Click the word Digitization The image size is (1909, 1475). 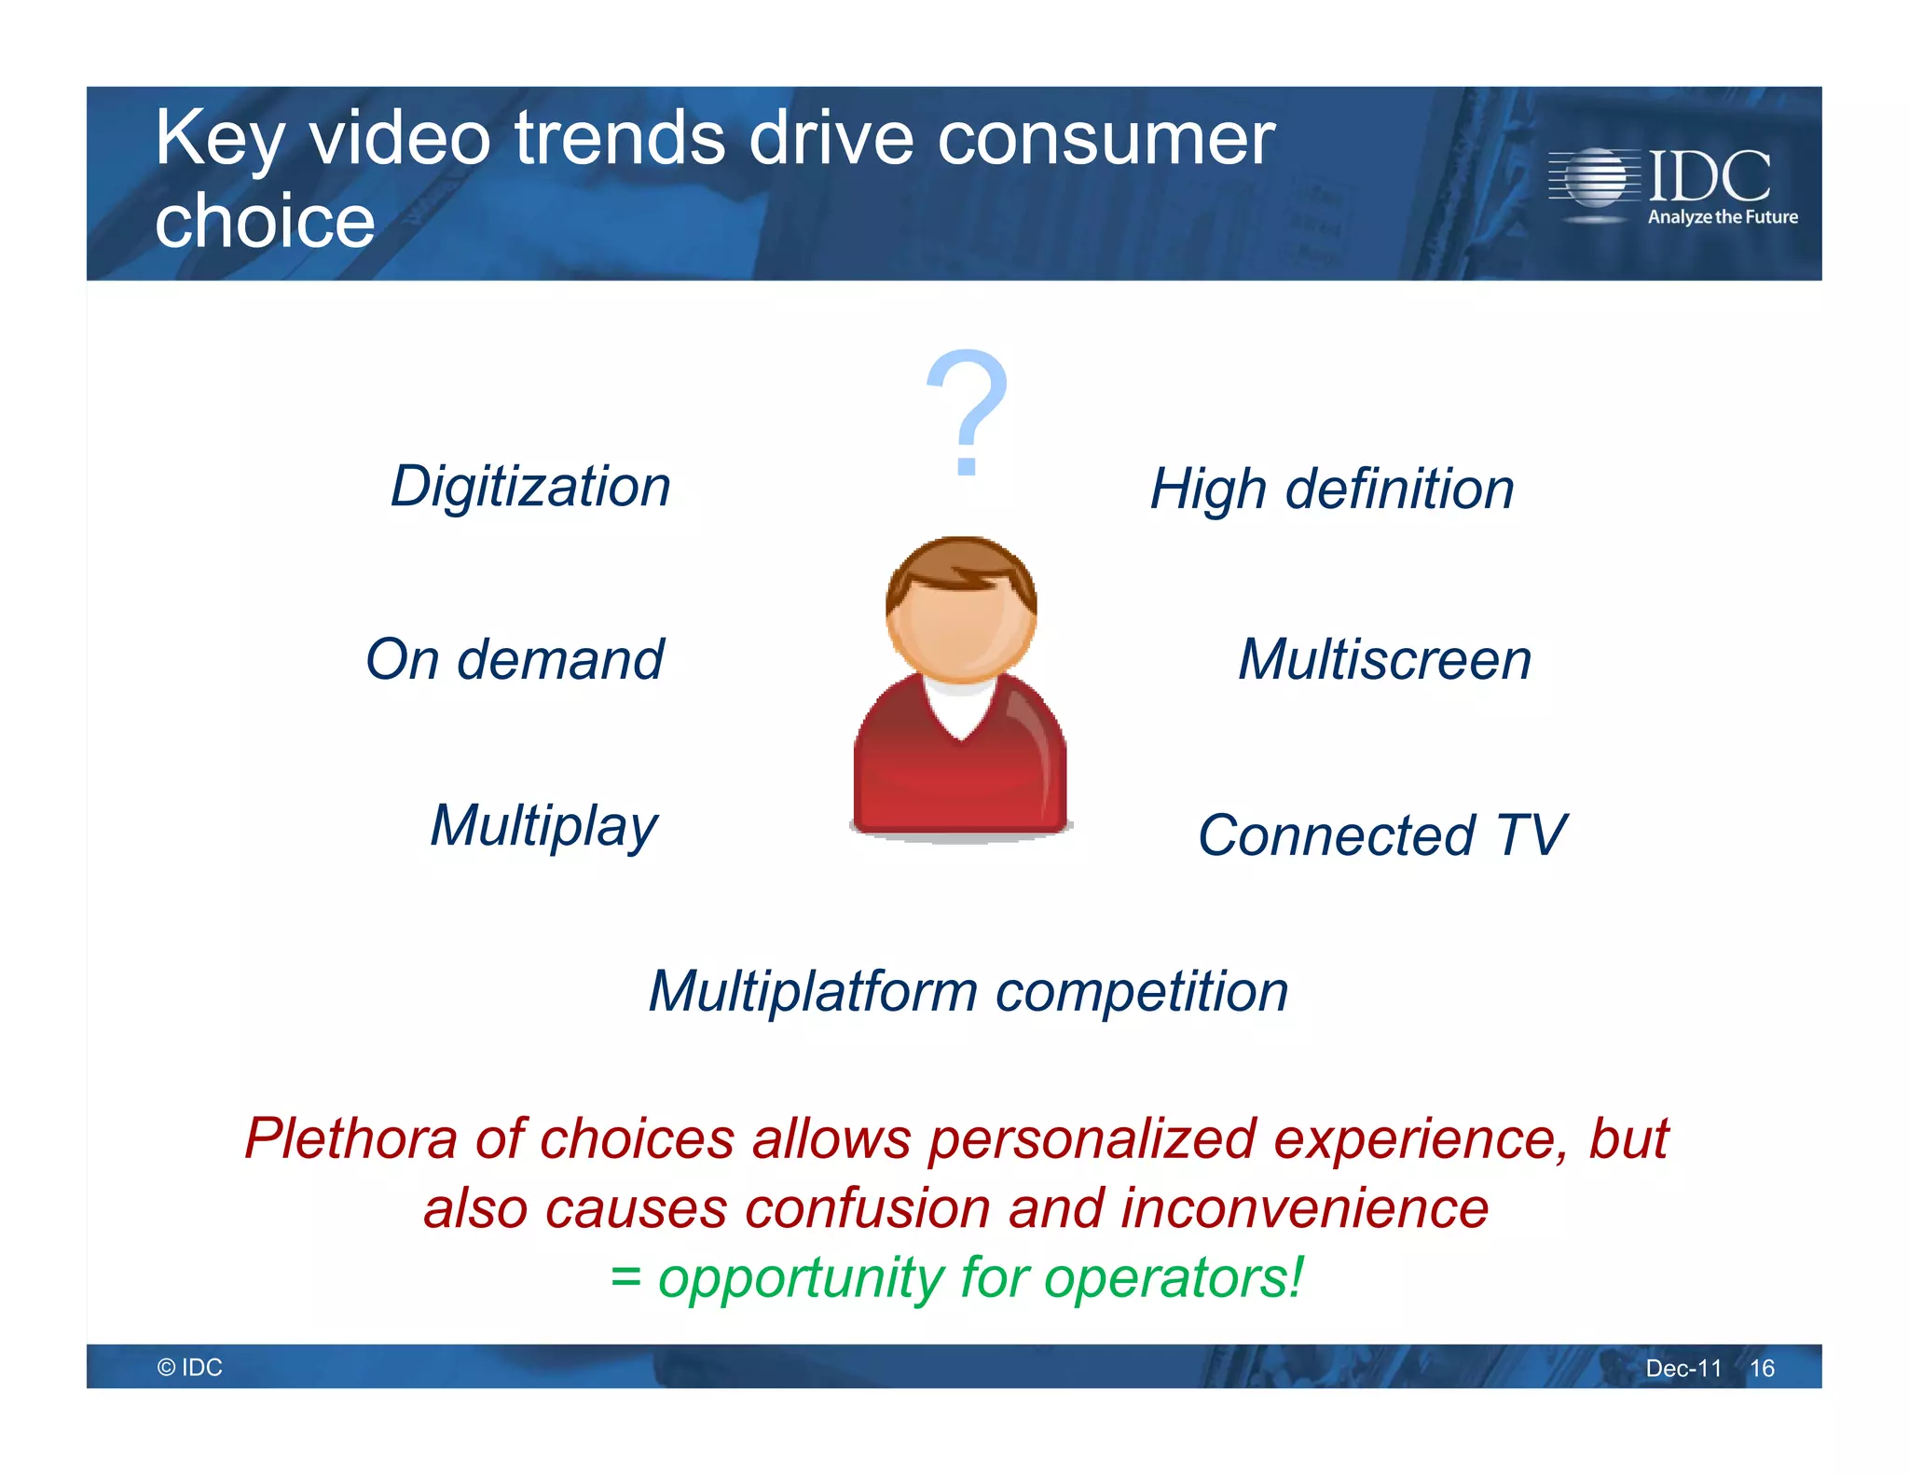tap(530, 487)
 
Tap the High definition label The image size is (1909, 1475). tap(1332, 489)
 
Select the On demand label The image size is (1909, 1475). tap(515, 659)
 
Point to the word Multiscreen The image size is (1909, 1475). tap(1384, 659)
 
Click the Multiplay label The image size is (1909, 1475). tap(543, 826)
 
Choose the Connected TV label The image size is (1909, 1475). tap(1381, 834)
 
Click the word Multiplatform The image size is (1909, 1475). tap(813, 991)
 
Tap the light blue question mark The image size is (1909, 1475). tap(968, 410)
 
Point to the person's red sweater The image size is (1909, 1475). tap(960, 774)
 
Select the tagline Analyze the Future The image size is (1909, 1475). tap(1723, 217)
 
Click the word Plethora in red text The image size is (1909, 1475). tap(351, 1138)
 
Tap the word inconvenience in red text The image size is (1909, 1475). tap(1304, 1208)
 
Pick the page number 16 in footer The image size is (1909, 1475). tap(1762, 1368)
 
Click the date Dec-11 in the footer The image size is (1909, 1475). tap(1683, 1368)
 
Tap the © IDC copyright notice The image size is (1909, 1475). tap(190, 1367)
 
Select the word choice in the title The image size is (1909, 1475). tap(265, 222)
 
